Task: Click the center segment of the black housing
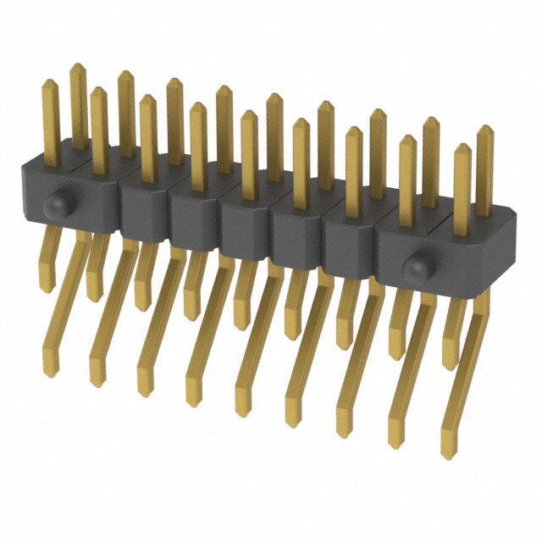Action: coord(246,224)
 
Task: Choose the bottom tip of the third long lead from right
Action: coord(346,427)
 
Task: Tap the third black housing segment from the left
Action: coord(195,215)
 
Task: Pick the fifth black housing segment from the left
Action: coord(296,232)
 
